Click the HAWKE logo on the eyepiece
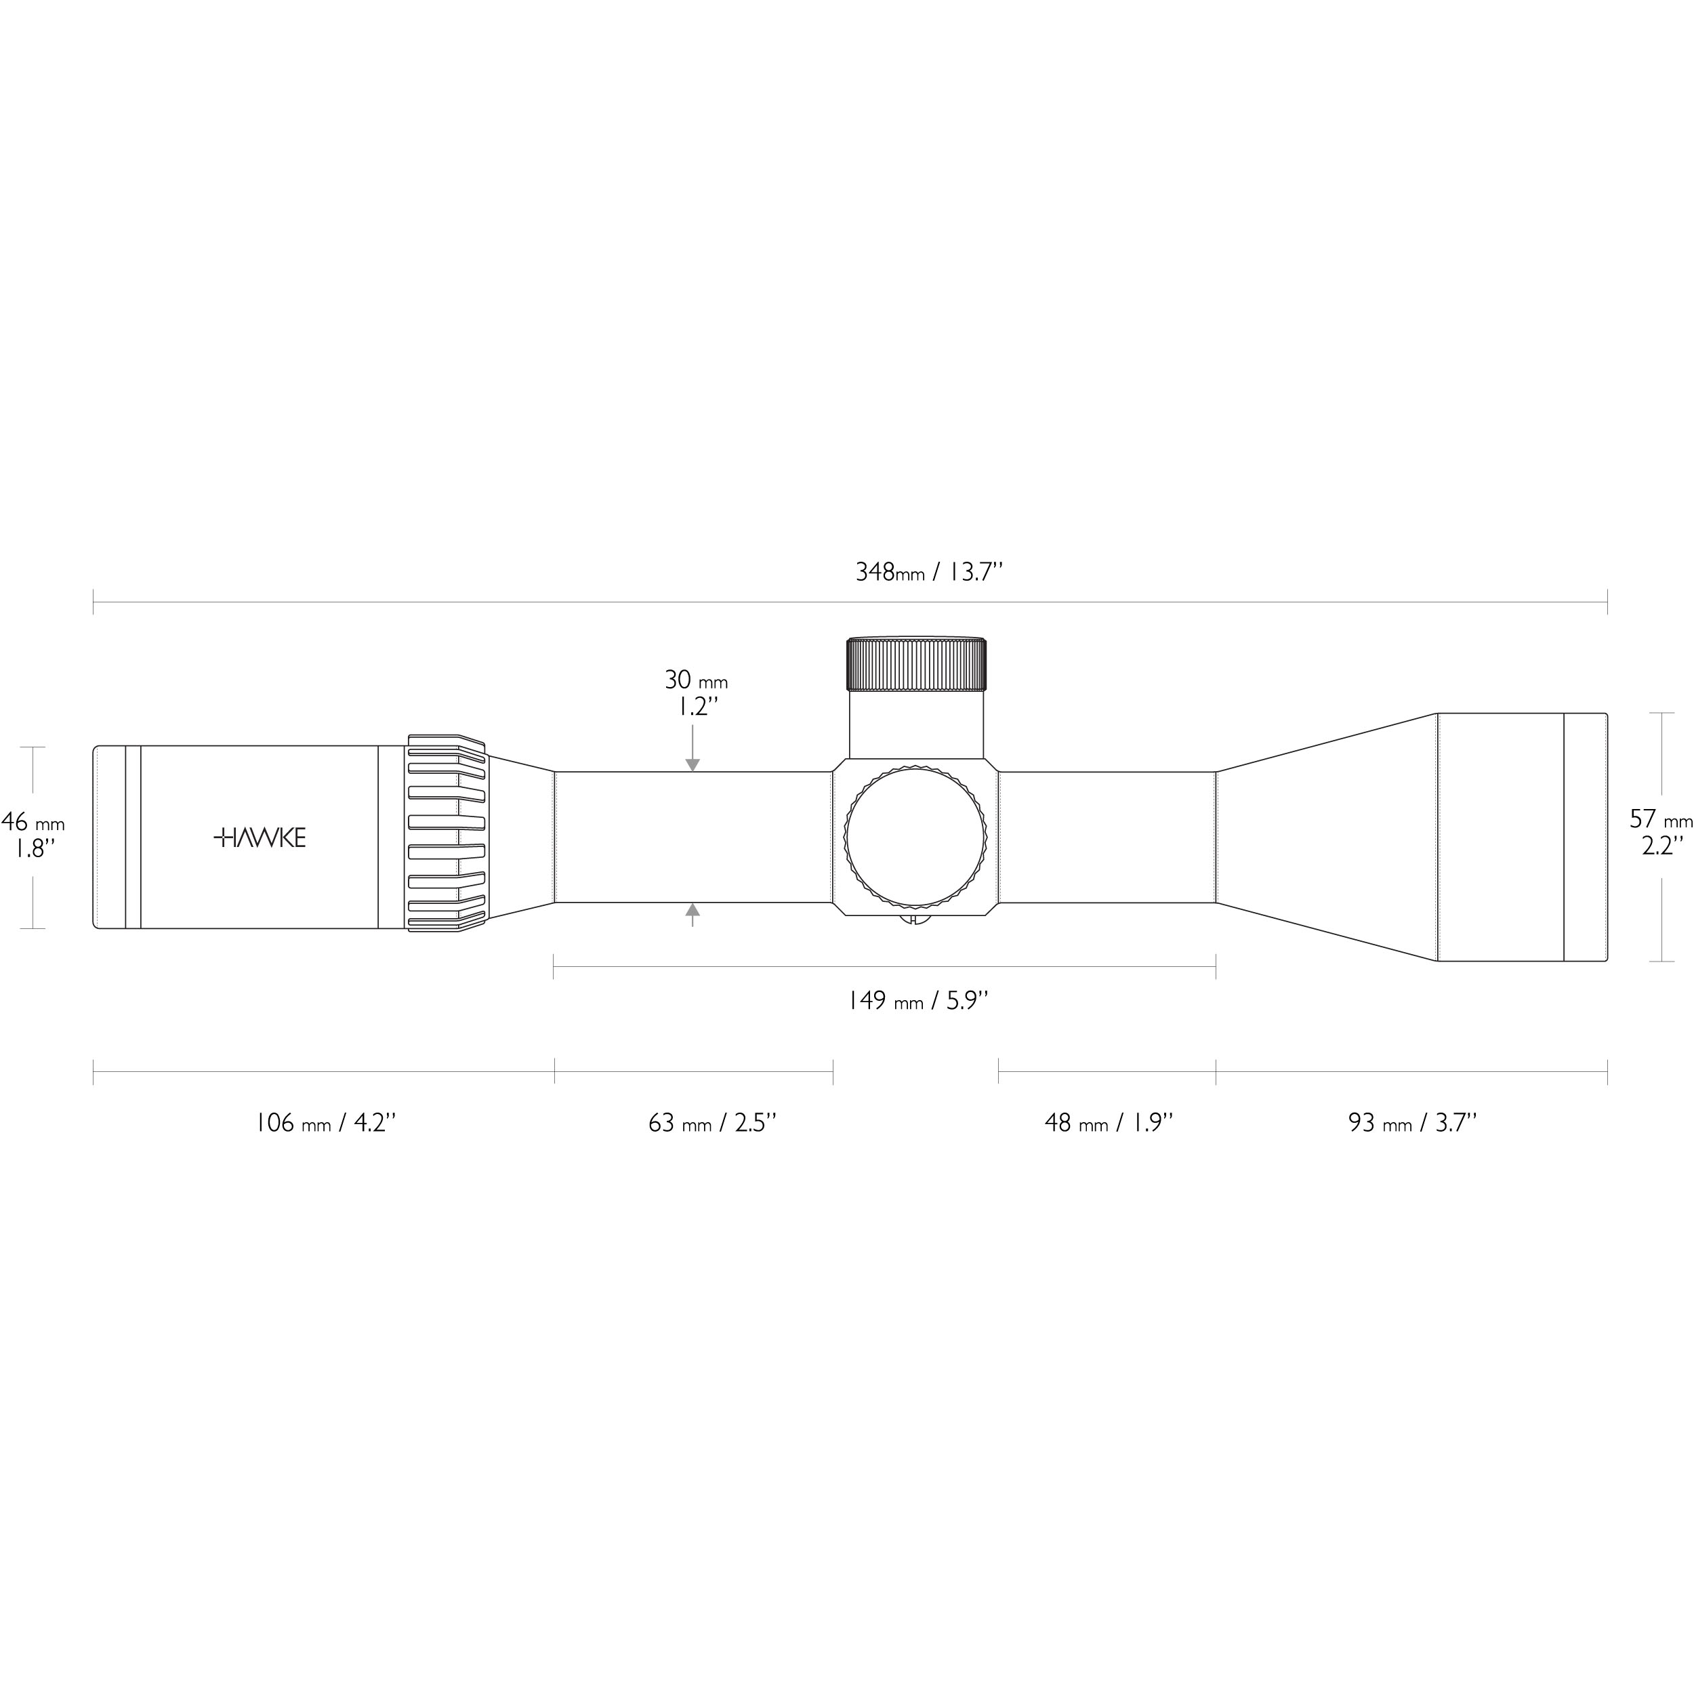click(x=260, y=838)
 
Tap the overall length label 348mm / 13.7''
click(x=928, y=573)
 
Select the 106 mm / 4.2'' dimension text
click(x=325, y=1123)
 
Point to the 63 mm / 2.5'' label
click(x=713, y=1123)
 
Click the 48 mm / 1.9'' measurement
click(x=1109, y=1123)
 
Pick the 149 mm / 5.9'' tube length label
click(x=918, y=1000)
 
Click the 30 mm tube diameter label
click(x=696, y=680)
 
